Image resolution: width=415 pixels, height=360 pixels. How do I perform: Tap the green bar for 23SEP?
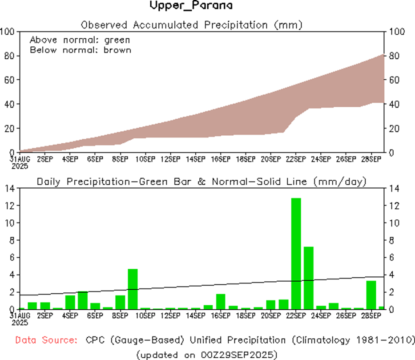click(309, 278)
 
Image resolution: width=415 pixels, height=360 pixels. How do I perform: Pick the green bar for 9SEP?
click(133, 289)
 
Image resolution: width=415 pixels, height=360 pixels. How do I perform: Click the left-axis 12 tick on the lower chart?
click(10, 206)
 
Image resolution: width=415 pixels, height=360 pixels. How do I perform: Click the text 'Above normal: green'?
click(80, 40)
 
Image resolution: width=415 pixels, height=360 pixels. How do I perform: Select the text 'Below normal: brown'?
click(81, 49)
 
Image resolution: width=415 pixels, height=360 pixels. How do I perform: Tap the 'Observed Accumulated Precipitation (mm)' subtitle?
click(192, 25)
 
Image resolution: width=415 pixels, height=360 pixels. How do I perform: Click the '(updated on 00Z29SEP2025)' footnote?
click(207, 354)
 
